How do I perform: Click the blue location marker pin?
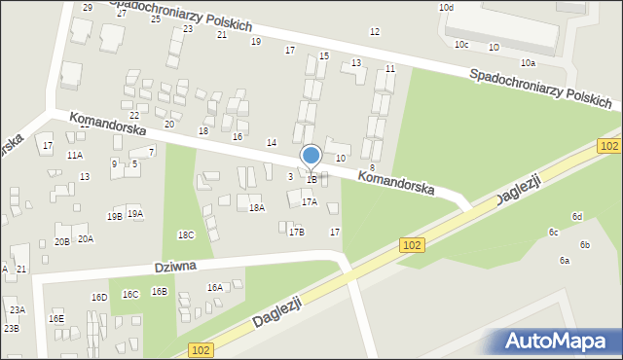click(311, 156)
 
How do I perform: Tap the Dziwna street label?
click(175, 267)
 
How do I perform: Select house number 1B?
click(311, 179)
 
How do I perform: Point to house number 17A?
click(309, 202)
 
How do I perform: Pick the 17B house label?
click(296, 232)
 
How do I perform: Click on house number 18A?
click(256, 207)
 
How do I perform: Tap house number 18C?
click(186, 235)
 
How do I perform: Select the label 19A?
click(134, 214)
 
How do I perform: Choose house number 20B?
click(62, 241)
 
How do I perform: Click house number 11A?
click(75, 156)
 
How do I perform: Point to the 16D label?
click(99, 297)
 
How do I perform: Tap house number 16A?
click(214, 287)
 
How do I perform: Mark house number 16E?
click(56, 318)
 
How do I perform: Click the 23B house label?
click(11, 329)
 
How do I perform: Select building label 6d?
click(577, 216)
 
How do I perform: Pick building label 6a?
click(564, 261)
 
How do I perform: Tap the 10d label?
click(446, 8)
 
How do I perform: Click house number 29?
click(88, 8)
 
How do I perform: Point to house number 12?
click(375, 32)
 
